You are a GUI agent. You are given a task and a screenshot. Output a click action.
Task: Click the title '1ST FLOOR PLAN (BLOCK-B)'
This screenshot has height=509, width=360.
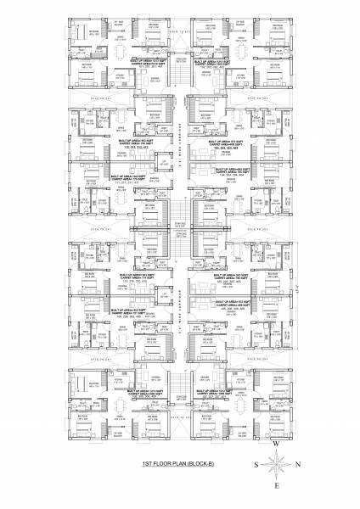coord(180,465)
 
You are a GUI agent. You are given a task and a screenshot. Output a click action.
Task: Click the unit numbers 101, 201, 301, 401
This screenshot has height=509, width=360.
coord(140,68)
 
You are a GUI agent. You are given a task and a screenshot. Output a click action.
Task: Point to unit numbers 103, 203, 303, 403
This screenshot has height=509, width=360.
coord(222,146)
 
